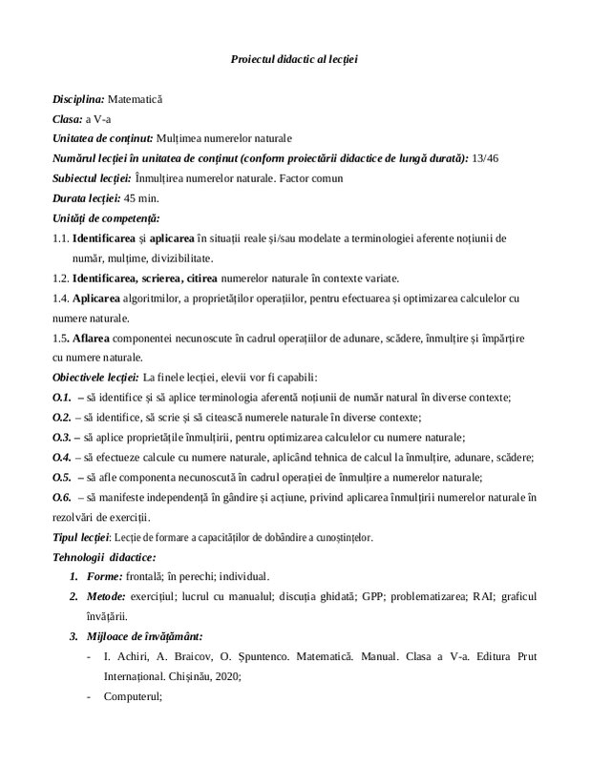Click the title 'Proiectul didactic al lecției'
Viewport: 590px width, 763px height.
pyautogui.click(x=294, y=60)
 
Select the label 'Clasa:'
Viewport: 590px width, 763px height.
pyautogui.click(x=68, y=118)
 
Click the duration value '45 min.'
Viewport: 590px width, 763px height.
pyautogui.click(x=142, y=198)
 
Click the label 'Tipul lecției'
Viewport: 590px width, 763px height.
pyautogui.click(x=81, y=537)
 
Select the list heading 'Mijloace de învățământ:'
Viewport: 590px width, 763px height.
pyautogui.click(x=147, y=636)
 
